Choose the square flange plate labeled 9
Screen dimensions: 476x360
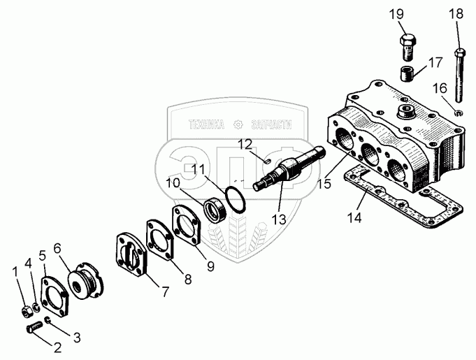tap(187, 224)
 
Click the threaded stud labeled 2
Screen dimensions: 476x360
tap(32, 328)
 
